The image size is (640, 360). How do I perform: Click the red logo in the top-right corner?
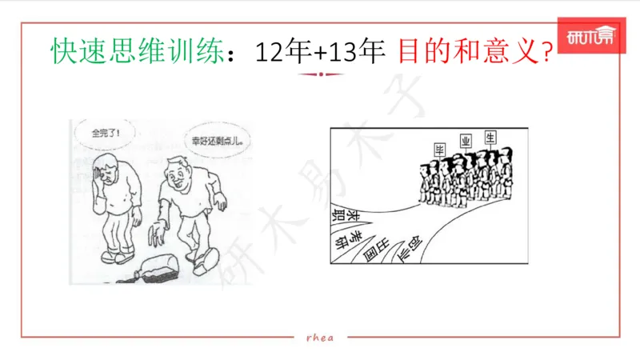[x=590, y=37]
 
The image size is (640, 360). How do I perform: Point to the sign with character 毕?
[x=438, y=150]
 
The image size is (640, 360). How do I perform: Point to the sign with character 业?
[x=465, y=142]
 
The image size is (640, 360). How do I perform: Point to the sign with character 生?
[x=490, y=137]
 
